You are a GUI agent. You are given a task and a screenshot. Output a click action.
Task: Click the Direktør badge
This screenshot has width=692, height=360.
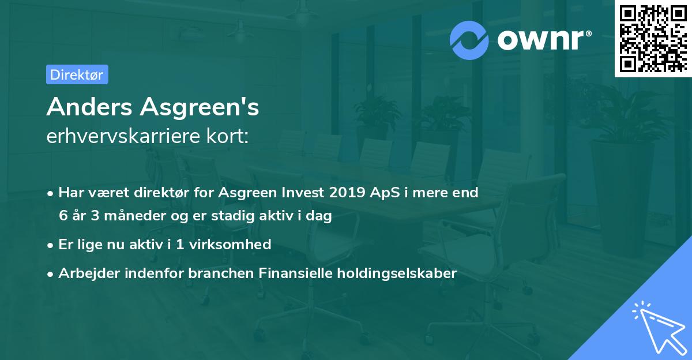pyautogui.click(x=77, y=74)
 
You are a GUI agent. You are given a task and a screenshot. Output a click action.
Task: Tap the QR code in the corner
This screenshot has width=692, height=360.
pyautogui.click(x=652, y=38)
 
